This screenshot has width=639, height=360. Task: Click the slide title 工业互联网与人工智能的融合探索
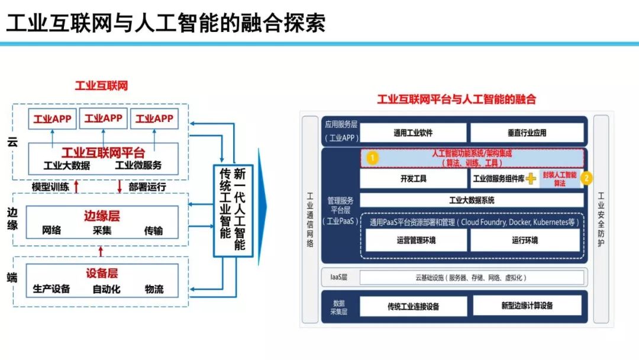click(166, 24)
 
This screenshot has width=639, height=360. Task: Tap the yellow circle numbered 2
click(586, 178)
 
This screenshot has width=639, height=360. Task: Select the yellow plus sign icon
click(532, 178)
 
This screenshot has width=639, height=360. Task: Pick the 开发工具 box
click(413, 178)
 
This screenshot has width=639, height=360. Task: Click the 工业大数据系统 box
click(472, 200)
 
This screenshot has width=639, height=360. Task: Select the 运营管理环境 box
click(416, 240)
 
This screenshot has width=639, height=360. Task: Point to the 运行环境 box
click(525, 240)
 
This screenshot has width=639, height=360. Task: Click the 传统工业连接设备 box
click(413, 306)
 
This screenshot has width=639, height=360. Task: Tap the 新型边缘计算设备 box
click(527, 306)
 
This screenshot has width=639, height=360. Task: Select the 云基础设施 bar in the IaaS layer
click(472, 277)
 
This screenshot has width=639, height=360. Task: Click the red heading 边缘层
click(102, 216)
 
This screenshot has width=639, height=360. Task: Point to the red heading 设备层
click(102, 273)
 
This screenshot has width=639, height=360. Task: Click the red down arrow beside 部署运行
click(119, 187)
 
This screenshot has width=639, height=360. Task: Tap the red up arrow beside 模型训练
click(76, 187)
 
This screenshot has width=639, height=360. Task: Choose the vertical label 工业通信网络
click(309, 219)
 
